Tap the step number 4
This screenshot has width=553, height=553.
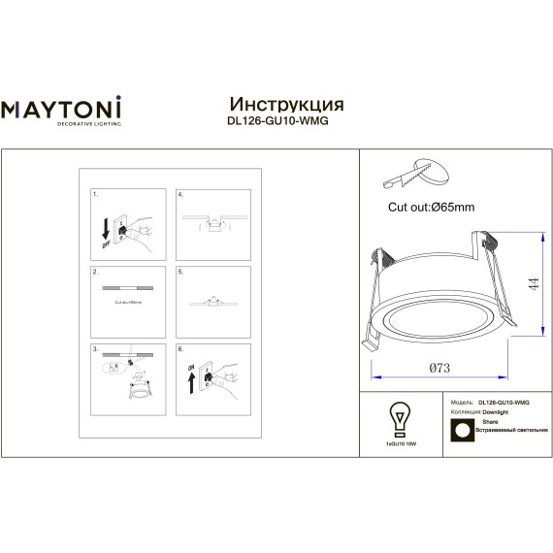click(179, 195)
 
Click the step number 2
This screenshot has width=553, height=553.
click(95, 273)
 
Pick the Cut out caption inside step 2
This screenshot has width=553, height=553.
click(127, 303)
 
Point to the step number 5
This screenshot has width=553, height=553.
click(179, 273)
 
